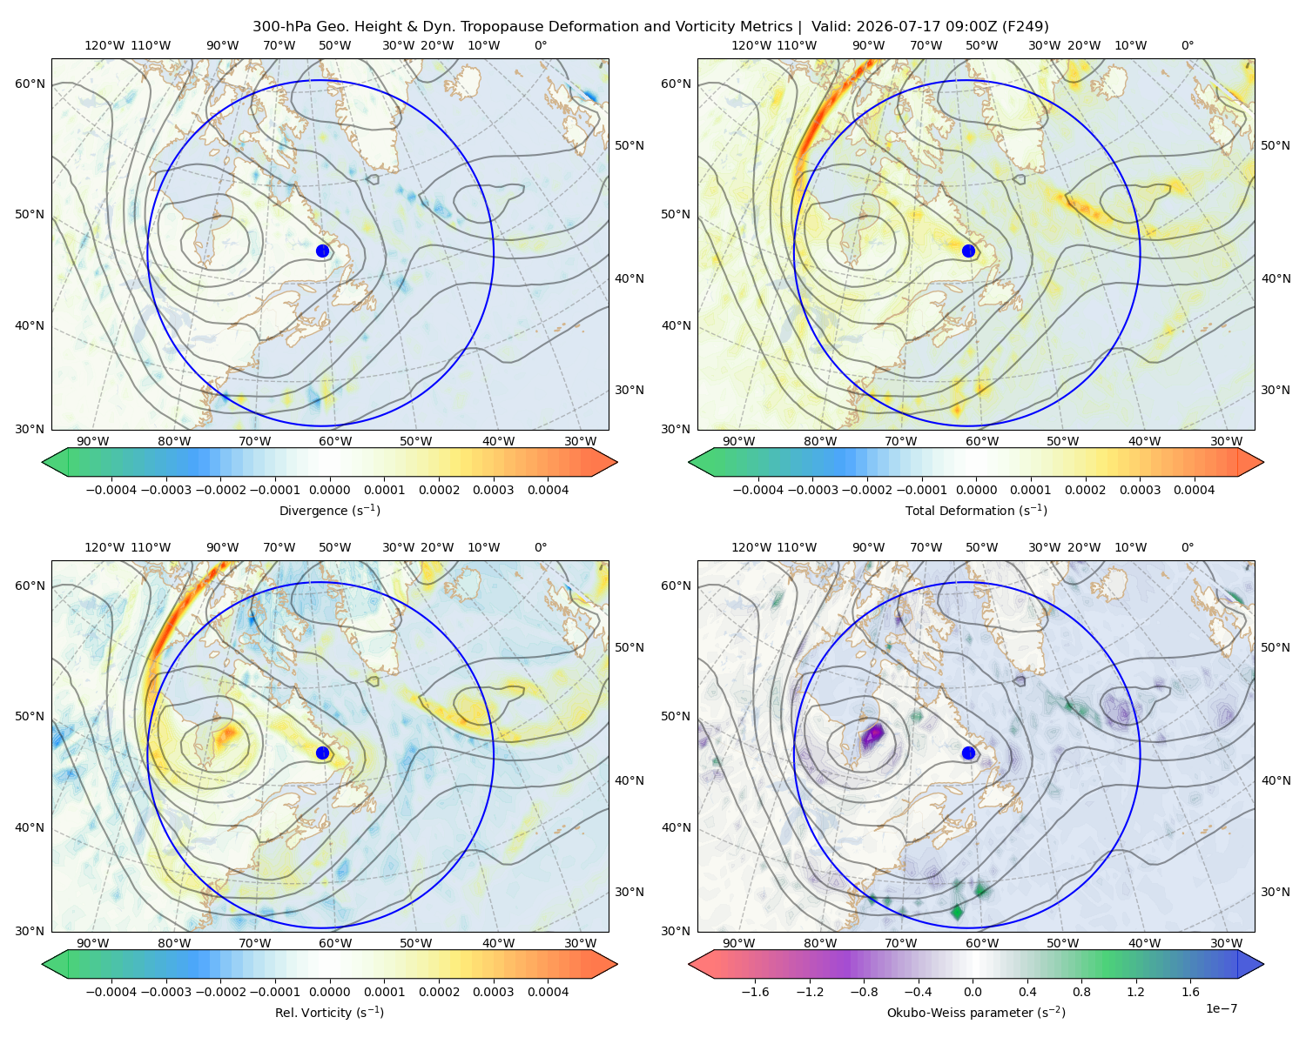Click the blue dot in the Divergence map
pos(322,251)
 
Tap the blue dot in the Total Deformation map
pos(968,251)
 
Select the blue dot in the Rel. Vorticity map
pos(322,753)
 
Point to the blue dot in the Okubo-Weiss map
pos(968,753)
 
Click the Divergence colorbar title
pos(329,510)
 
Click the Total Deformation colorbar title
pos(976,510)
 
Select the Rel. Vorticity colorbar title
pos(329,1012)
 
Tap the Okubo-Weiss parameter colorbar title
pos(976,1012)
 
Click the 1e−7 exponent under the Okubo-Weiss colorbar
pos(1221,1008)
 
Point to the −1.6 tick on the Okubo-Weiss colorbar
pos(755,991)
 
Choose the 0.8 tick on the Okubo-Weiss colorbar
pos(1081,991)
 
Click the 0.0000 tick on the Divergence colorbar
pos(329,490)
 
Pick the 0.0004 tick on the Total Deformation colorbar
pos(1194,490)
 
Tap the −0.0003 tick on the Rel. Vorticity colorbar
pos(165,991)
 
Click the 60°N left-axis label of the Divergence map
pos(30,84)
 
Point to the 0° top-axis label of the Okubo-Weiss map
pos(1187,546)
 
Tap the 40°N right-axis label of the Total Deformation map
pos(1276,278)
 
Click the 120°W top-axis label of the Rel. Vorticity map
pos(104,546)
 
